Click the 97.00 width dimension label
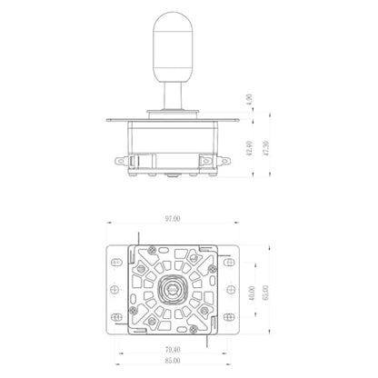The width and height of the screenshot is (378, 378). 173,219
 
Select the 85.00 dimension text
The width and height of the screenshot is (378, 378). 173,361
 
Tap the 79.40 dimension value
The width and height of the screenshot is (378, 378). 173,350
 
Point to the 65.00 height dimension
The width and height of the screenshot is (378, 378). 265,293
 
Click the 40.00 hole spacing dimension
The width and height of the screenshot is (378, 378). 252,293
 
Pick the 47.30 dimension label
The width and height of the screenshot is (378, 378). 266,148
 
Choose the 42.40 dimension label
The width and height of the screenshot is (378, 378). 249,148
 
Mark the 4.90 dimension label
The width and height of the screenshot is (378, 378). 249,100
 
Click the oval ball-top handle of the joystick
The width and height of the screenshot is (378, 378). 173,47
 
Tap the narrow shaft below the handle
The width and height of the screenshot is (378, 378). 173,96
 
